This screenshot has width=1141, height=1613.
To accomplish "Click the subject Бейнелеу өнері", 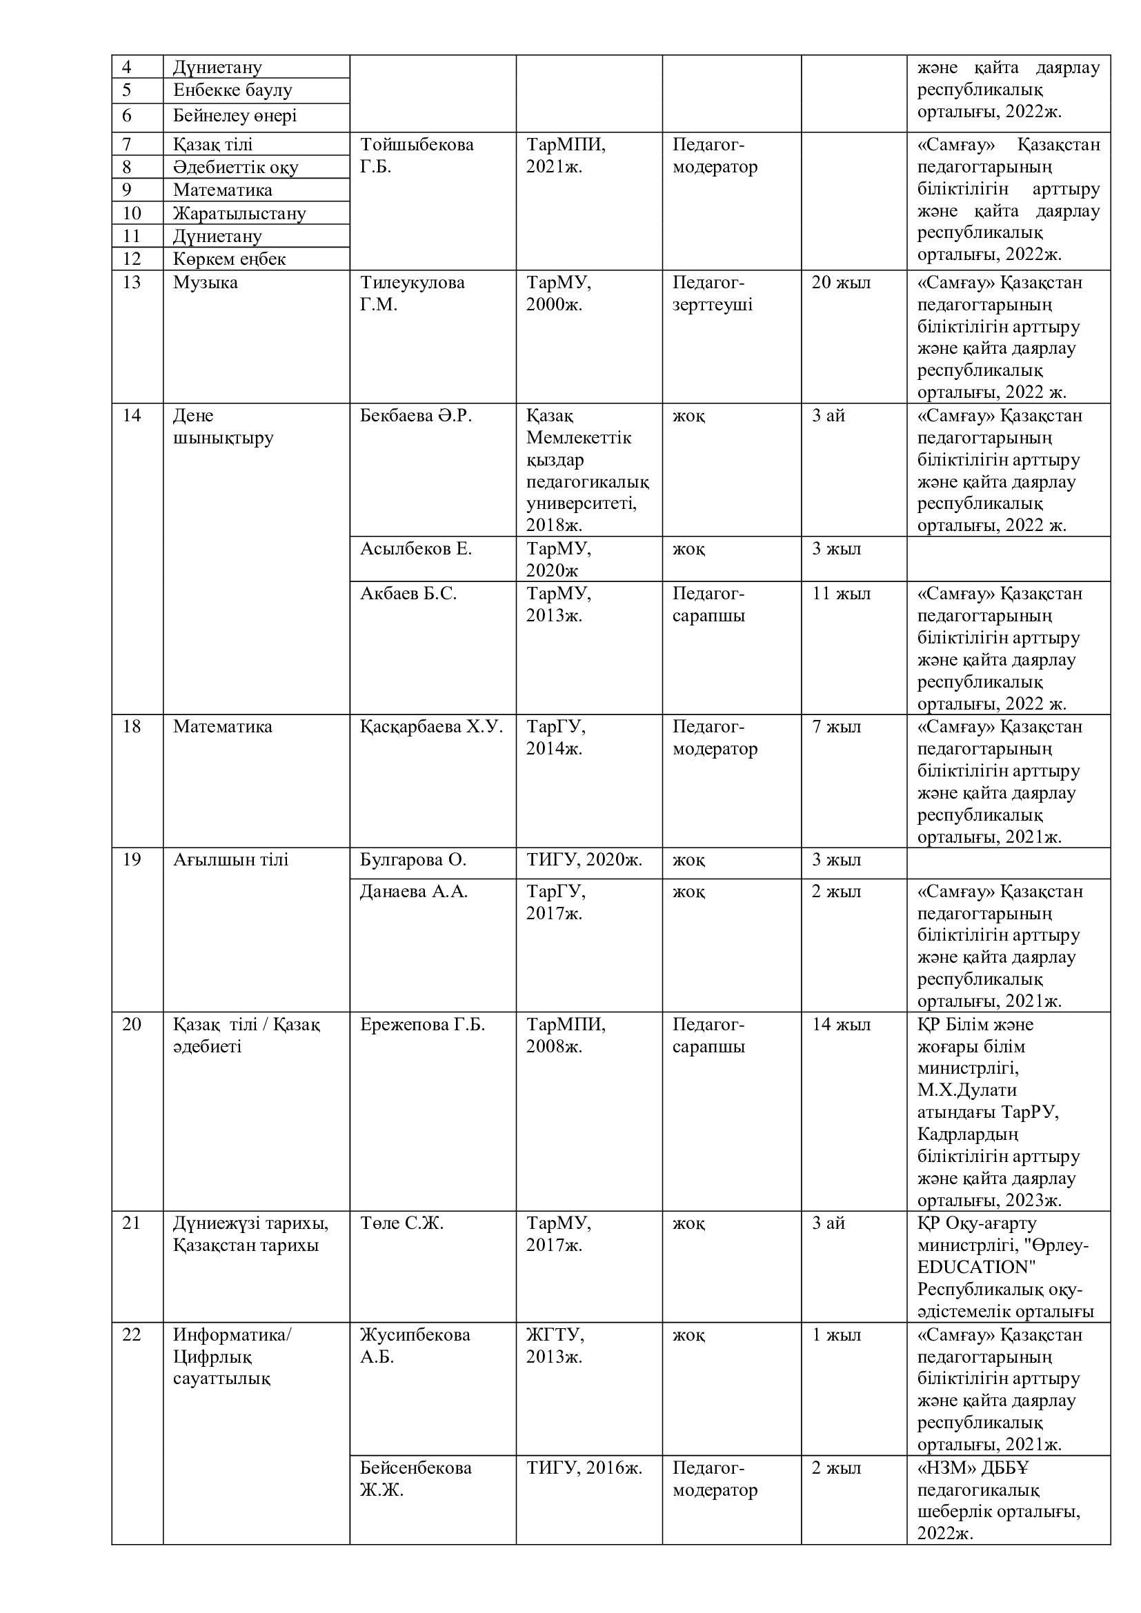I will [235, 116].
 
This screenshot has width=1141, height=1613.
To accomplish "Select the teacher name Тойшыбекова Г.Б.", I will [417, 155].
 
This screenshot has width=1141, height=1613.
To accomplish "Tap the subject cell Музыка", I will [205, 283].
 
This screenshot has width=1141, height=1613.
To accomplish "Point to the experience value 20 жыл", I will [841, 283].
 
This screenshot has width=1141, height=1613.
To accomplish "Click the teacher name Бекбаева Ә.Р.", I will [416, 416].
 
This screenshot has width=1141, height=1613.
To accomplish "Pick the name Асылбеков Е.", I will [416, 549].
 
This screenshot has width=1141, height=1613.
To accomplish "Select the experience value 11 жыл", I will [841, 594].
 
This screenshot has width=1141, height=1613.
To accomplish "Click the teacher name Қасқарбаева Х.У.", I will [431, 726].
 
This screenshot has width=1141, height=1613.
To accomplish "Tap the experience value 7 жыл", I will [836, 726].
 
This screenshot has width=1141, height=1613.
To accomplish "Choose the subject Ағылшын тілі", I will [230, 860].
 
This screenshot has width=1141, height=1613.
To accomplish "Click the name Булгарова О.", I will [413, 860].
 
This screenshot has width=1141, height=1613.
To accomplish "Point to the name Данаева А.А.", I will [414, 892].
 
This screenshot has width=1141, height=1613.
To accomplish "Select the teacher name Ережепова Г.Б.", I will [422, 1024].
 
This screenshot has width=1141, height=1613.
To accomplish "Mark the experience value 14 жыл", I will [841, 1024].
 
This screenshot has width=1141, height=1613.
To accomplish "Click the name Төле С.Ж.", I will [401, 1223].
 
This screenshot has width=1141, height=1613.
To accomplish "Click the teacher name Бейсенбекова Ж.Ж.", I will [415, 1478].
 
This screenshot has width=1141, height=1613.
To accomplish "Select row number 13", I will [131, 283].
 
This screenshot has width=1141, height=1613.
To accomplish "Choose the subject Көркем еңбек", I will [229, 259].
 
